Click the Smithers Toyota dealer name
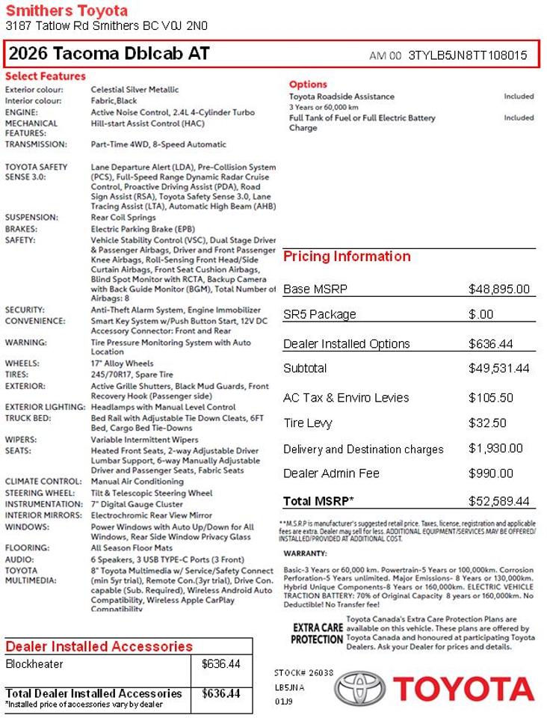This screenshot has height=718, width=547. (67, 10)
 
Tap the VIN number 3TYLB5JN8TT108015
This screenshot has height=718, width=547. (468, 55)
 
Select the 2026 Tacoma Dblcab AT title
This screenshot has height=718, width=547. (109, 54)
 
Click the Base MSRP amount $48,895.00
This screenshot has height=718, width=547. (498, 289)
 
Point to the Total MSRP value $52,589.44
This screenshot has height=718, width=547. (498, 501)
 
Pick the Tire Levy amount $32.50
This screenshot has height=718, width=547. (486, 423)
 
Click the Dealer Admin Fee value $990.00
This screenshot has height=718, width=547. (490, 473)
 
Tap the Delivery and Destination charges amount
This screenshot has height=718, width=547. (495, 449)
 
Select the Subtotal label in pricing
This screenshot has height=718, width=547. (305, 369)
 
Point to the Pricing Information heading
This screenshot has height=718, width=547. (347, 257)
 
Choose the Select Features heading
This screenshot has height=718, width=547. (46, 76)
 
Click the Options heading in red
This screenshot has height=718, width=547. (308, 85)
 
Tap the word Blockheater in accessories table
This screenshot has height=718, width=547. (34, 663)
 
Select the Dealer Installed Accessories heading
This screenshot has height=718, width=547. (99, 647)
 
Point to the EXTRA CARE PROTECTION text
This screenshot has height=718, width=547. (318, 633)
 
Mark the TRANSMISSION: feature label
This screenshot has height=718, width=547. (36, 144)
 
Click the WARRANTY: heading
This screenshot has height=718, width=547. (305, 553)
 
